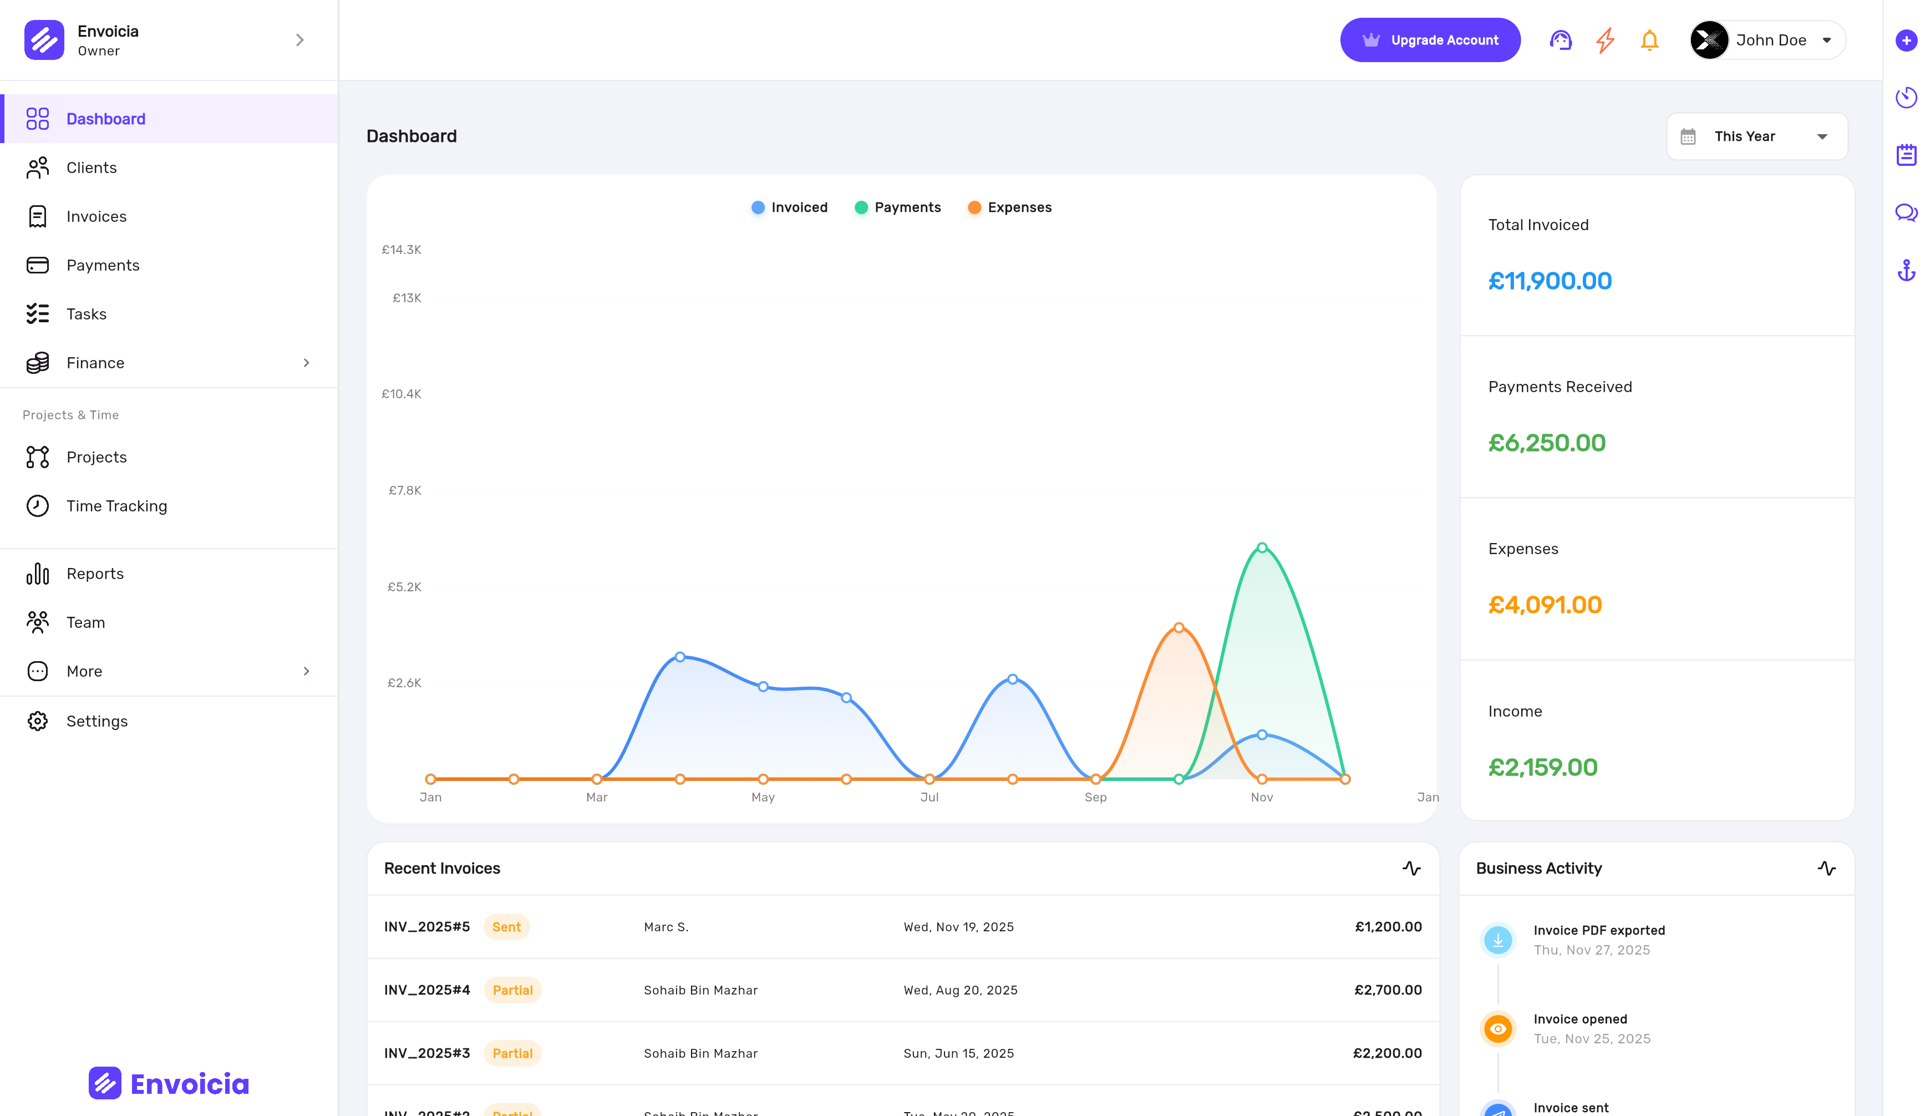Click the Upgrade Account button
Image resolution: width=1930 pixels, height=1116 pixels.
pyautogui.click(x=1429, y=40)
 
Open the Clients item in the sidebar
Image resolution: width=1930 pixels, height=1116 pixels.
pyautogui.click(x=91, y=168)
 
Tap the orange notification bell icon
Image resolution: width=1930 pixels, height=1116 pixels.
pyautogui.click(x=1649, y=40)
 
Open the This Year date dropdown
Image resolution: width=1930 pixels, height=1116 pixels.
pyautogui.click(x=1756, y=136)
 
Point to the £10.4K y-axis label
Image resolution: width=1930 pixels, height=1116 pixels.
pyautogui.click(x=402, y=394)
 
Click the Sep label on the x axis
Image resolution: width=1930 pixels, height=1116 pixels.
pyautogui.click(x=1095, y=798)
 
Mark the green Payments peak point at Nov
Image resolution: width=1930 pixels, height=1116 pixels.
pyautogui.click(x=1262, y=547)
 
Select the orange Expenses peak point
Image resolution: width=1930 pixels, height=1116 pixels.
pyautogui.click(x=1179, y=627)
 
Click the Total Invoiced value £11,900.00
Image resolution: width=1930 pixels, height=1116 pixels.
pyautogui.click(x=1550, y=281)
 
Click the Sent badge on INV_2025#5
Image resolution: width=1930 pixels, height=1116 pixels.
pyautogui.click(x=506, y=927)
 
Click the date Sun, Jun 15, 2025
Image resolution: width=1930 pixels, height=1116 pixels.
pyautogui.click(x=958, y=1053)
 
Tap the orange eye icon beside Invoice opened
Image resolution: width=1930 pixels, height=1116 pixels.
pyautogui.click(x=1497, y=1029)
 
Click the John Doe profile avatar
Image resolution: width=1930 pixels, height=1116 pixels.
pyautogui.click(x=1709, y=40)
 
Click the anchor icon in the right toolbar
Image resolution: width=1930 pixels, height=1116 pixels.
pyautogui.click(x=1906, y=270)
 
